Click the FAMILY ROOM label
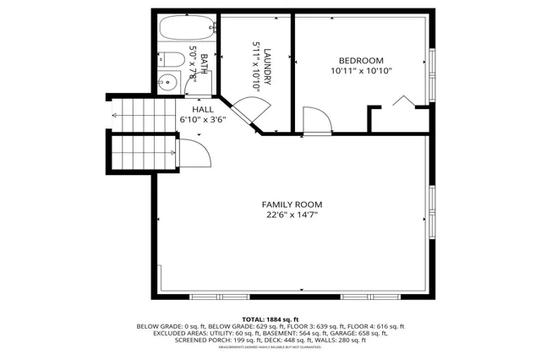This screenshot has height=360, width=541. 292,205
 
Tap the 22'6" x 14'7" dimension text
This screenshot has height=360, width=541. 292,215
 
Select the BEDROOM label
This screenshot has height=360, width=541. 361,60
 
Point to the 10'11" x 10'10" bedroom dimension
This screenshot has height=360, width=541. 361,71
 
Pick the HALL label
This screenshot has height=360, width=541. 203,110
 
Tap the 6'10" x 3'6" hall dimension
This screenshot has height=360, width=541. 203,120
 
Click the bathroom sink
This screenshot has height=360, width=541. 168,83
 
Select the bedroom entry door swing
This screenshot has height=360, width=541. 314,120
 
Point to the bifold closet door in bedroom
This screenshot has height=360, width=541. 403,103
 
